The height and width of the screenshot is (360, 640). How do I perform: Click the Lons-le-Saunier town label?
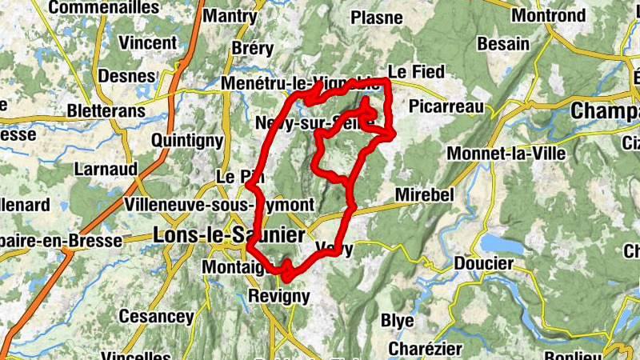tap(228, 235)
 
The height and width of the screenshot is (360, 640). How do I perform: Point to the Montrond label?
tap(548, 15)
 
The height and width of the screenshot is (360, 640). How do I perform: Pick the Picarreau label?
tap(446, 106)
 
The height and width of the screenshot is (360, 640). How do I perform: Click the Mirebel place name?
tap(425, 196)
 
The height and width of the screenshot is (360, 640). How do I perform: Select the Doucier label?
tap(483, 263)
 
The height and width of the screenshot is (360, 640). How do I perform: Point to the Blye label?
tap(397, 321)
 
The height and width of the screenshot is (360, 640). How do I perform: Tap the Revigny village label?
tap(278, 296)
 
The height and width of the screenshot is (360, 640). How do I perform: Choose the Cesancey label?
tap(156, 317)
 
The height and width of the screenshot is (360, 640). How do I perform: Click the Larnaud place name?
tap(106, 170)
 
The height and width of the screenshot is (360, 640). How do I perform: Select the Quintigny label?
tap(187, 141)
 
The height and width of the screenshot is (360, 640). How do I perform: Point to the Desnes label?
tap(126, 76)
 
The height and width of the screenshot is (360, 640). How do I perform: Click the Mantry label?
tap(230, 16)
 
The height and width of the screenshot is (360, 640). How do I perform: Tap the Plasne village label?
tap(377, 17)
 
